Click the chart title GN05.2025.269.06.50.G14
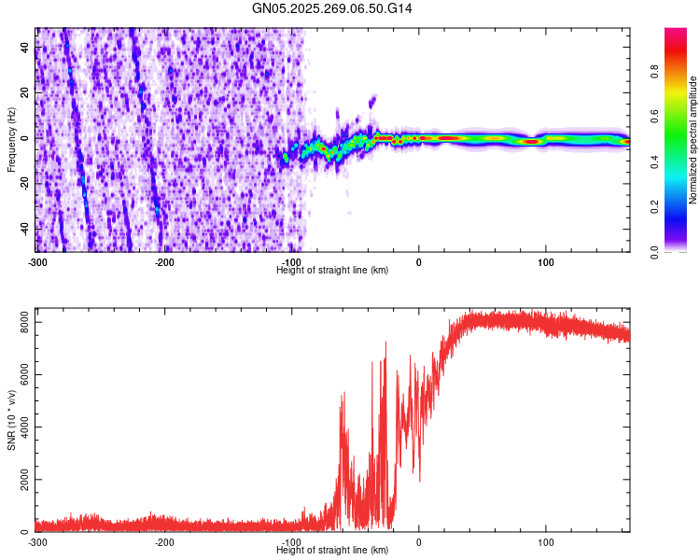332,8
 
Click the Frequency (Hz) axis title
11,140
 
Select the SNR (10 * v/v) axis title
11,419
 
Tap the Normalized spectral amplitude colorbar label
693,140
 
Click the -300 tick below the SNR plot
37,542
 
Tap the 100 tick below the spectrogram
546,262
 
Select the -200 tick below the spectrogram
164,262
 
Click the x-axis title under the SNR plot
332,551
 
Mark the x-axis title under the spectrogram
332,271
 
